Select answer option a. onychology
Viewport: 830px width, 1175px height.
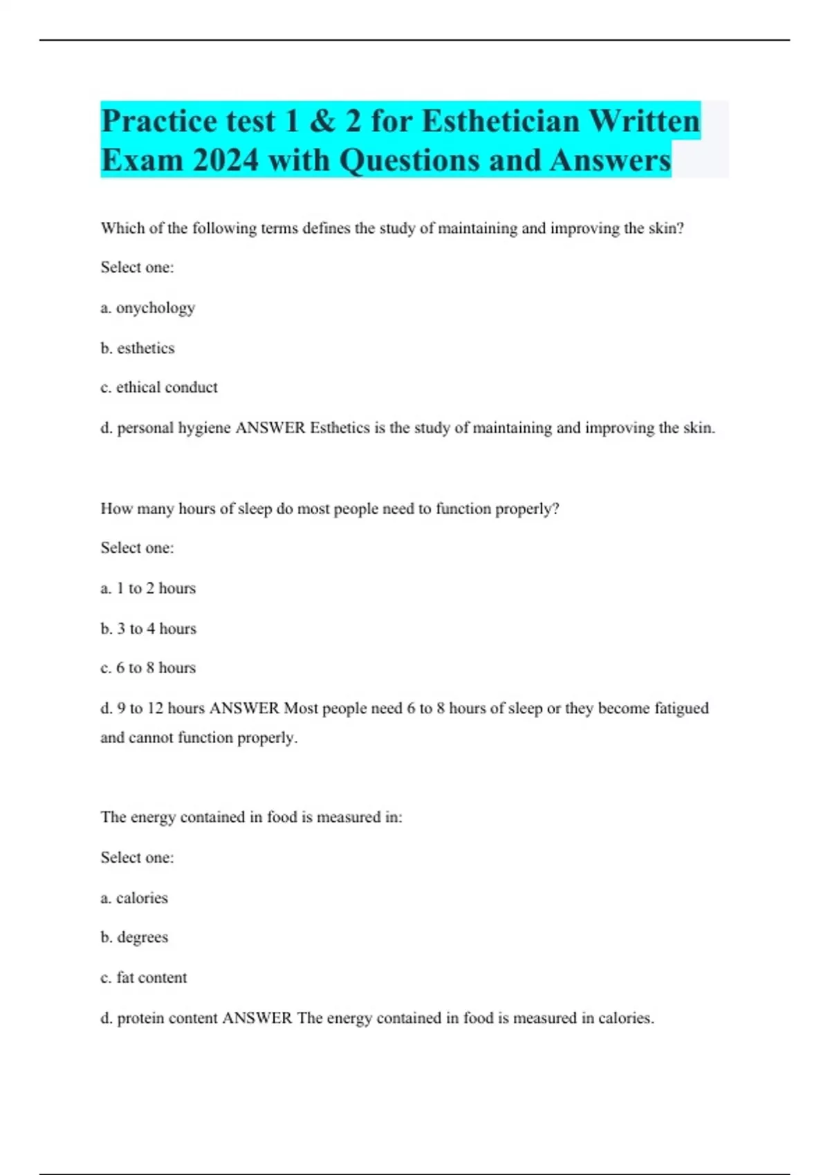point(147,308)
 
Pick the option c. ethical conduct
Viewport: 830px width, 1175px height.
point(158,388)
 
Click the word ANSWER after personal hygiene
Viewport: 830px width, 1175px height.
point(270,428)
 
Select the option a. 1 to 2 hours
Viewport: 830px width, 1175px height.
point(148,588)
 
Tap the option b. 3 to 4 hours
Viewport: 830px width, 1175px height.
point(148,628)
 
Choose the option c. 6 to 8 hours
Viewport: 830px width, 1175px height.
point(148,668)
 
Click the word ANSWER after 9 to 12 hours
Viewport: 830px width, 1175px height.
point(244,708)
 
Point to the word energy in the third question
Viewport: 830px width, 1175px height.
point(153,817)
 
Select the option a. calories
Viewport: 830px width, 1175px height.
point(134,898)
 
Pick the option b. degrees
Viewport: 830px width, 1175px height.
point(134,937)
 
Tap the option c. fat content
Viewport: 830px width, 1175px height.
point(143,977)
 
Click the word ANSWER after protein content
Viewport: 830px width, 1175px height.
point(257,1018)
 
